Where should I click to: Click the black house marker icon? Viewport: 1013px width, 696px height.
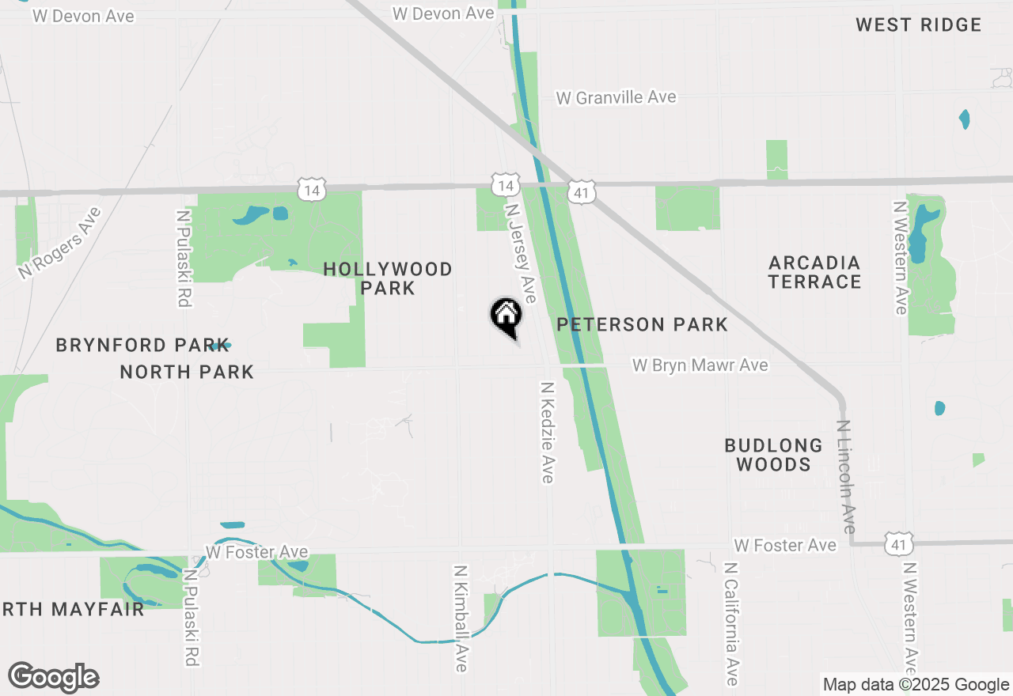coord(506,316)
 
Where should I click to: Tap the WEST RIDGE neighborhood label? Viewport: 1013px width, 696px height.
coord(918,25)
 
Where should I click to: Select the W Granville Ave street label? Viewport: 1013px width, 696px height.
coord(617,97)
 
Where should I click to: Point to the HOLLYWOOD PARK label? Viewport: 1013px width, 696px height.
coord(388,278)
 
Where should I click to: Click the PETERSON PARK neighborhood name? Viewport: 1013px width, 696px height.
coord(642,324)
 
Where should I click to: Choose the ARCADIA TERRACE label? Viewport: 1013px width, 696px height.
coord(814,272)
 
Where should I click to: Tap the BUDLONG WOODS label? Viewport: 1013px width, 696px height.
coord(773,455)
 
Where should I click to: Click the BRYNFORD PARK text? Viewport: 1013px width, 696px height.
coord(132,345)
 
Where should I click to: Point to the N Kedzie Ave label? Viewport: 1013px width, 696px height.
coord(548,432)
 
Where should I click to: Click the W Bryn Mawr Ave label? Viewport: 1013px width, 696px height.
coord(700,365)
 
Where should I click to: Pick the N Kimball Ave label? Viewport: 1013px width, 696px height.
coord(461,618)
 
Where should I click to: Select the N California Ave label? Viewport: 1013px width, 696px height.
coord(732,624)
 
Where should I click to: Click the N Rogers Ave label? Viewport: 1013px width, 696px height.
coord(60,243)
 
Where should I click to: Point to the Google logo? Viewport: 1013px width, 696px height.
coord(54,678)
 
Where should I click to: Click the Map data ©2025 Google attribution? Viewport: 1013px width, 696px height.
coord(916,685)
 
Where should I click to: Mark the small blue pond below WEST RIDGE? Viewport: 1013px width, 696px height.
coord(964,119)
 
